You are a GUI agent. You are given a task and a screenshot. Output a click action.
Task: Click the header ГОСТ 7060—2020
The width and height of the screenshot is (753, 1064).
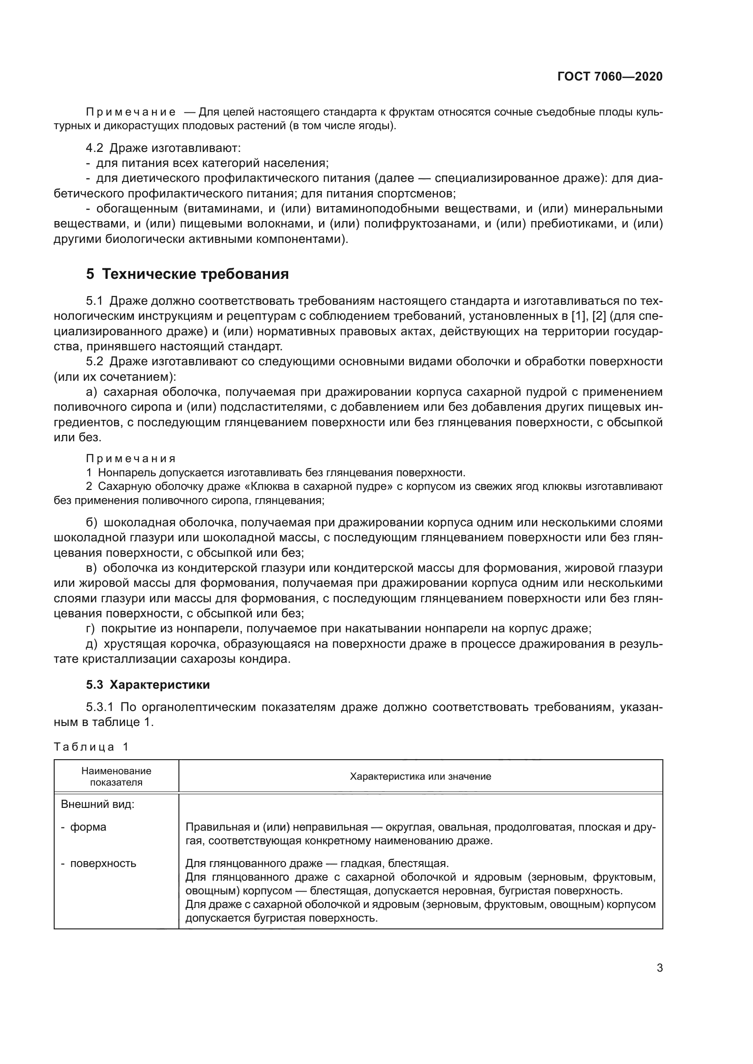click(x=610, y=76)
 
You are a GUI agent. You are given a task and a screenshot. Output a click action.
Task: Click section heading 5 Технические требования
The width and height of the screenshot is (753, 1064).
click(x=187, y=274)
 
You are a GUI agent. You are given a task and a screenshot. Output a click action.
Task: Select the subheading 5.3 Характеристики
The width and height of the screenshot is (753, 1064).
click(x=148, y=685)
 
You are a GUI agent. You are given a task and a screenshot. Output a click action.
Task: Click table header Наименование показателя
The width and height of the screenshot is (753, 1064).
click(x=117, y=776)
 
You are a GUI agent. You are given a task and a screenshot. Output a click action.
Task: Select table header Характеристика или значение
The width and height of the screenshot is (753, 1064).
click(x=420, y=776)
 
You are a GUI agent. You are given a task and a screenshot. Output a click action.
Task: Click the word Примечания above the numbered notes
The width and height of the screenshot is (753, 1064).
click(x=131, y=459)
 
